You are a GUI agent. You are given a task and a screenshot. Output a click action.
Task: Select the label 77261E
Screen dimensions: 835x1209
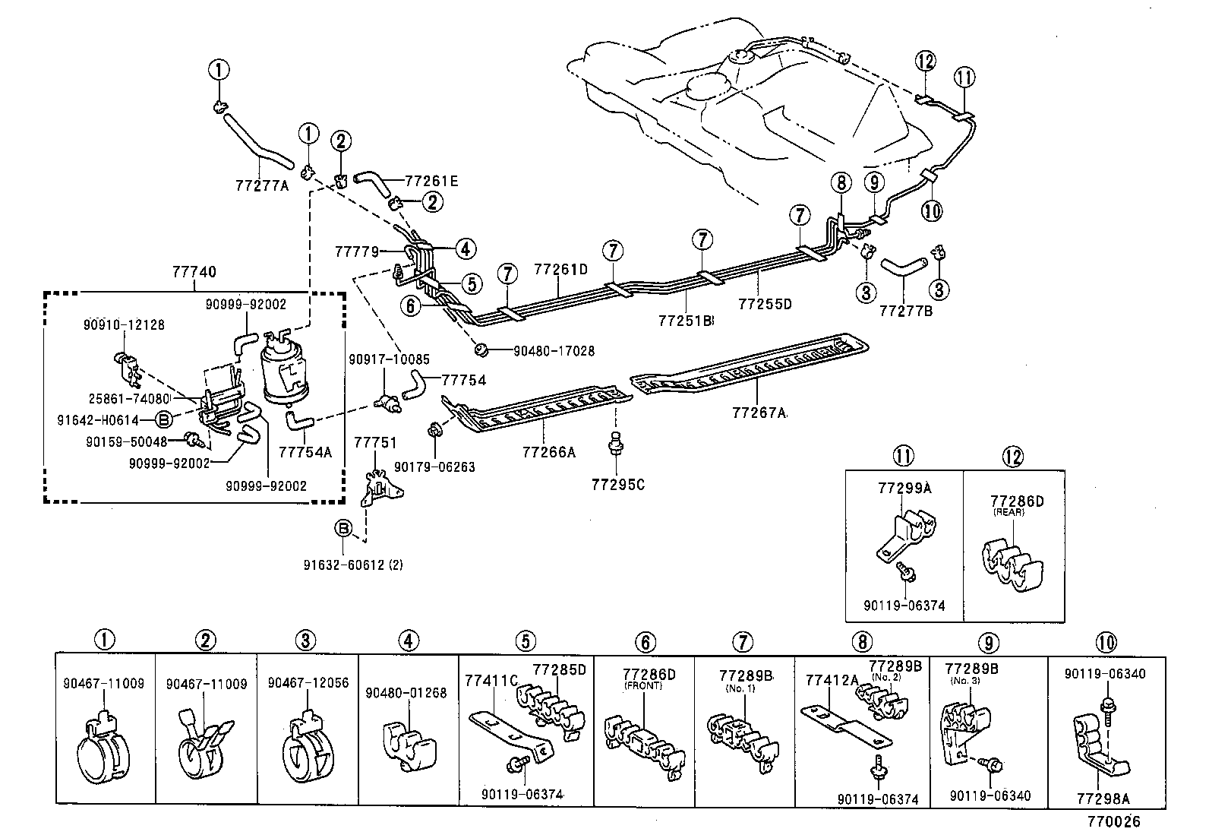pyautogui.click(x=431, y=182)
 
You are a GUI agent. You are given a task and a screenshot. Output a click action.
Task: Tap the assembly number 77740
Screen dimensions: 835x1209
pyautogui.click(x=194, y=271)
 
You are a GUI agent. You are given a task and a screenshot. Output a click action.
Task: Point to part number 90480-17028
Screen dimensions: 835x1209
pyautogui.click(x=554, y=351)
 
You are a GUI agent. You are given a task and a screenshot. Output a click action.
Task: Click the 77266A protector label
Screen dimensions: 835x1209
pyautogui.click(x=548, y=452)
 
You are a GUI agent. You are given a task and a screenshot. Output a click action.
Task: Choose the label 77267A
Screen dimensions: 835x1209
pyautogui.click(x=759, y=413)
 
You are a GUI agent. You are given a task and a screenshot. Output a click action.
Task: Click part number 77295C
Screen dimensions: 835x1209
pyautogui.click(x=617, y=484)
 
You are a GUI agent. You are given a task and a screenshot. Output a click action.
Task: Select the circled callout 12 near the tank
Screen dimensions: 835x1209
pyautogui.click(x=926, y=62)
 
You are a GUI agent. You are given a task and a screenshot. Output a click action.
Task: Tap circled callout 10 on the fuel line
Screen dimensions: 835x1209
pyautogui.click(x=932, y=210)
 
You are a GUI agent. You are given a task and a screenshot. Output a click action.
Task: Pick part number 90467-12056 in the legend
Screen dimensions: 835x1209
pyautogui.click(x=308, y=683)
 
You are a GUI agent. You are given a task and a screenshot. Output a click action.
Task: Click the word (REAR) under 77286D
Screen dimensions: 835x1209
pyautogui.click(x=1009, y=513)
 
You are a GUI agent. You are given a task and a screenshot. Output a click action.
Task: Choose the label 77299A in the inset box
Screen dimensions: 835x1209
pyautogui.click(x=904, y=489)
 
